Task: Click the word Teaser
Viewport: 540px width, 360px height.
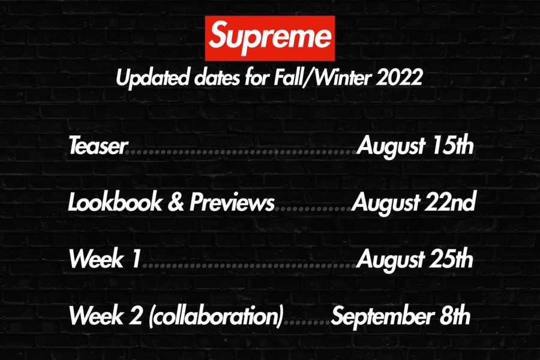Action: (x=98, y=146)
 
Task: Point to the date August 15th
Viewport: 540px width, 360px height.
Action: (x=415, y=146)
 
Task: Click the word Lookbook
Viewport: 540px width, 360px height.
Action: (x=113, y=203)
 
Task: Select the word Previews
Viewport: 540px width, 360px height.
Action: (x=232, y=203)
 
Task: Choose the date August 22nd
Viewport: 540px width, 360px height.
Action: (x=413, y=203)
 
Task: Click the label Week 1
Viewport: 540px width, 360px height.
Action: (x=105, y=260)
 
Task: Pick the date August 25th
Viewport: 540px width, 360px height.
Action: (x=415, y=260)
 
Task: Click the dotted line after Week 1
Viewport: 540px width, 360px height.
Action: (x=249, y=265)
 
